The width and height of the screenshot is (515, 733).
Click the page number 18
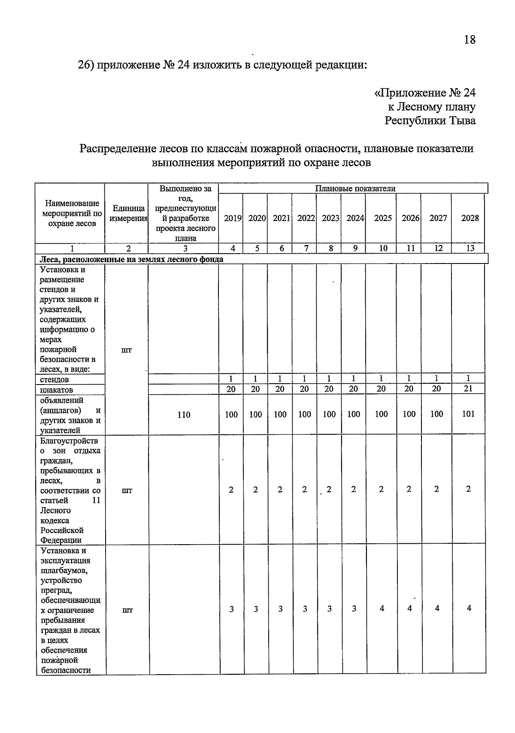(470, 40)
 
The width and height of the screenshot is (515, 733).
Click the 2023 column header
(330, 218)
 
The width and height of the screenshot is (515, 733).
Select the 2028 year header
(470, 218)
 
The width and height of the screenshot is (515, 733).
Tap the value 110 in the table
(184, 415)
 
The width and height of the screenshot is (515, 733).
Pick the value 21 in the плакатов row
(468, 388)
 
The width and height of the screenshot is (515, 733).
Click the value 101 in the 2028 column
(468, 414)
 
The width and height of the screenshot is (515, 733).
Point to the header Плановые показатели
(355, 188)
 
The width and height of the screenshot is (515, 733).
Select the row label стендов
(54, 379)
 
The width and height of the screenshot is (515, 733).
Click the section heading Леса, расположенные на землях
(131, 259)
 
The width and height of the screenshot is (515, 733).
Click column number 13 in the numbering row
(470, 248)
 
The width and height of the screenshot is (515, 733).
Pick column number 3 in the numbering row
(185, 248)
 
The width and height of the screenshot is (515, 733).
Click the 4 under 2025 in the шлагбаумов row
(382, 608)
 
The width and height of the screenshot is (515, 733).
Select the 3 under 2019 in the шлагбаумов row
(231, 609)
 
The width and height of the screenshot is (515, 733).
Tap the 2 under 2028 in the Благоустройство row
(468, 489)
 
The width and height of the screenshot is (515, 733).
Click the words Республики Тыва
(430, 121)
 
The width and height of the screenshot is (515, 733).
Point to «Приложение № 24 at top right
(425, 93)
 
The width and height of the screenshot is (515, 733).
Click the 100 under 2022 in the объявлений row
(304, 414)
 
